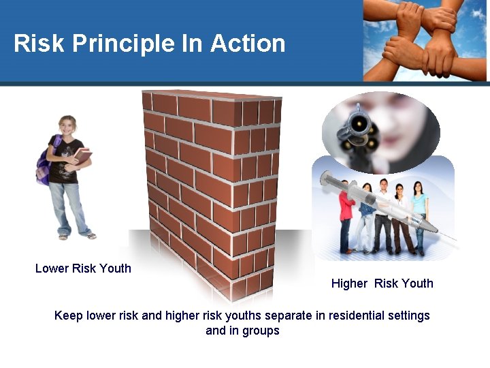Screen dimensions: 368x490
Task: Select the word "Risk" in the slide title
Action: pyautogui.click(x=39, y=44)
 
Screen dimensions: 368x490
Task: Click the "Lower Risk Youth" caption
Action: pyautogui.click(x=83, y=269)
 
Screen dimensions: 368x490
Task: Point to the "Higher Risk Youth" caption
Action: pyautogui.click(x=382, y=283)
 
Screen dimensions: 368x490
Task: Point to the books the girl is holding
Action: pyautogui.click(x=82, y=157)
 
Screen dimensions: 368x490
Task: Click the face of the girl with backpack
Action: pyautogui.click(x=68, y=127)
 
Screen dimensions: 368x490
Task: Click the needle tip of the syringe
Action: pyautogui.click(x=454, y=239)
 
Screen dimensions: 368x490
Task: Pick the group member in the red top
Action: pyautogui.click(x=346, y=208)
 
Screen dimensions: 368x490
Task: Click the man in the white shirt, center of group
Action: pyautogui.click(x=385, y=208)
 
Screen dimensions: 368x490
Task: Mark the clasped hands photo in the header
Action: pyautogui.click(x=425, y=40)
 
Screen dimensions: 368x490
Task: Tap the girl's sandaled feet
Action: pyautogui.click(x=76, y=236)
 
